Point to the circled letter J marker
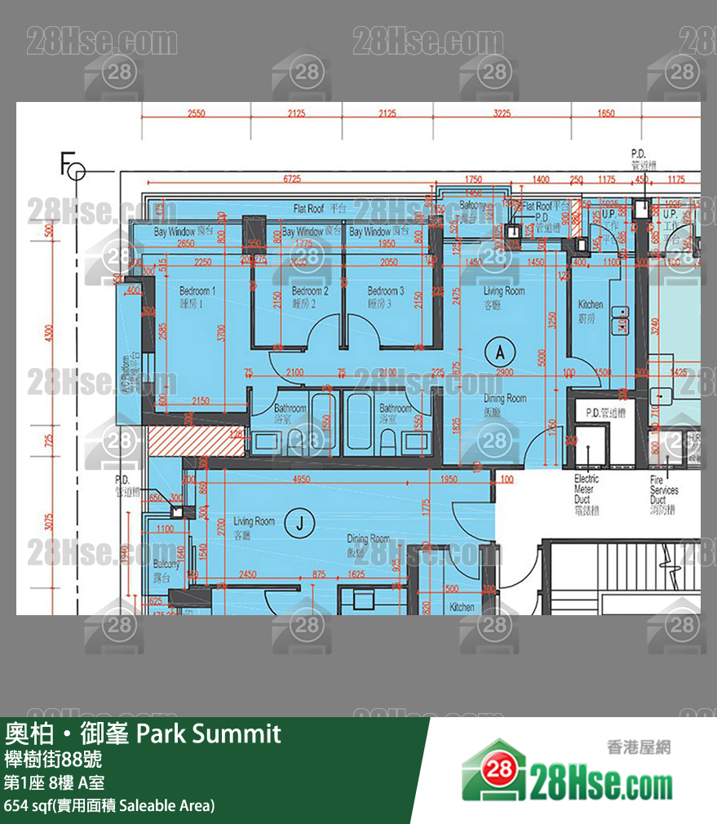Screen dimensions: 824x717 pyautogui.click(x=299, y=525)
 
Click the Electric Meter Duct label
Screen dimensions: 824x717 pyautogui.click(x=586, y=489)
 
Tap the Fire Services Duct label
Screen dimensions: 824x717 pyautogui.click(x=663, y=490)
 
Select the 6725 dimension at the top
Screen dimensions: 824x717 pyautogui.click(x=291, y=179)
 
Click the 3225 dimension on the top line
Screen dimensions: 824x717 pyautogui.click(x=502, y=113)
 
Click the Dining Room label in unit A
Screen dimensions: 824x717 pyautogui.click(x=505, y=399)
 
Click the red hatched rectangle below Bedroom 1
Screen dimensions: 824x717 pyautogui.click(x=196, y=441)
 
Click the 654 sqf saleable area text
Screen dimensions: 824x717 pyautogui.click(x=109, y=805)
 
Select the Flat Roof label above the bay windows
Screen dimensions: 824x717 pyautogui.click(x=320, y=210)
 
